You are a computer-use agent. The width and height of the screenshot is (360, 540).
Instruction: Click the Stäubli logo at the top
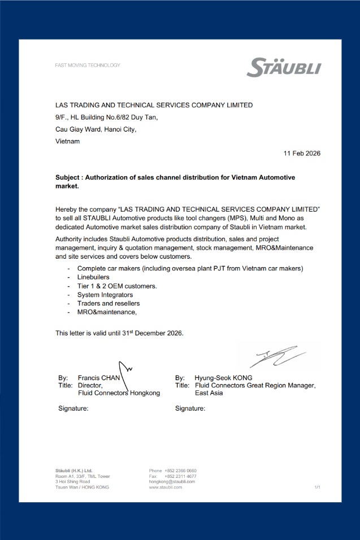[284, 67]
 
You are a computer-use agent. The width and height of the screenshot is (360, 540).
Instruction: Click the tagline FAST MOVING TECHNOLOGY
[88, 66]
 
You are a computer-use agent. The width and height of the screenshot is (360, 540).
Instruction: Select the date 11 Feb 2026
[302, 153]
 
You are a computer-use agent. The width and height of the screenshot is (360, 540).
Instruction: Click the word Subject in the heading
[68, 177]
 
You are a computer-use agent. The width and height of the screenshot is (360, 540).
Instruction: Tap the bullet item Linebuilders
[93, 277]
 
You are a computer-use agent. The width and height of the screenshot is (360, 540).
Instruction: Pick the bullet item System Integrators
[105, 295]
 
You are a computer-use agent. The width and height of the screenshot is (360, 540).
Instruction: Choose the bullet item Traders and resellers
[109, 303]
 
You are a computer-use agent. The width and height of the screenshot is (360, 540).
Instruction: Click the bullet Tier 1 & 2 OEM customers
[117, 286]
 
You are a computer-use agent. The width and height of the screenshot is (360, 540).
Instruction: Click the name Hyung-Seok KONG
[223, 377]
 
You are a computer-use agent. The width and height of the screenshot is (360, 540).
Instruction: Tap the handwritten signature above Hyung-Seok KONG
[279, 356]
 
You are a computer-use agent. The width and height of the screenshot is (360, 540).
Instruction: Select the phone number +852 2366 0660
[180, 471]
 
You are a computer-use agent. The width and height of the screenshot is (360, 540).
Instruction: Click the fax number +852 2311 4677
[180, 476]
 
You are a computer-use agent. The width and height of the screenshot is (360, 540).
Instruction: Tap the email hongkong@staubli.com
[172, 481]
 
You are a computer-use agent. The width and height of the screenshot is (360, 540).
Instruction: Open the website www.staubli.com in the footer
[166, 487]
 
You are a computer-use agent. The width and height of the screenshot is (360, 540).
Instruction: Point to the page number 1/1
[318, 487]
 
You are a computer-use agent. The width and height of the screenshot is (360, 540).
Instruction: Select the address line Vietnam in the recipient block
[67, 141]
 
